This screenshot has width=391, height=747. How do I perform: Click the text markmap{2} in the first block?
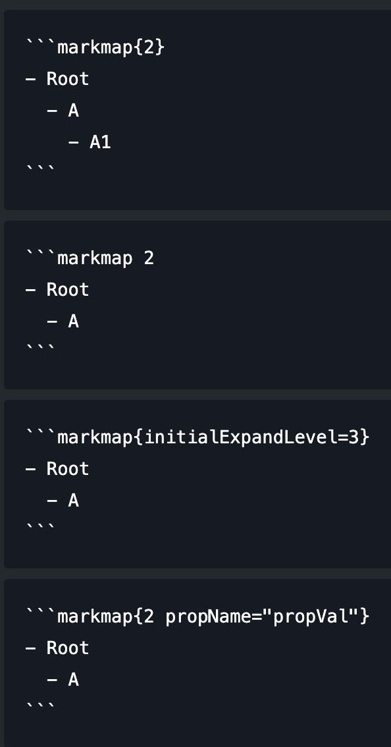click(111, 47)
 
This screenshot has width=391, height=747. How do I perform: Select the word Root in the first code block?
click(68, 79)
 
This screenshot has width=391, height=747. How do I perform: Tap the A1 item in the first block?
click(100, 142)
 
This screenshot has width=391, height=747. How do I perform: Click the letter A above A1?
click(73, 111)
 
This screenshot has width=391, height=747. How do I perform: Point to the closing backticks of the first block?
click(40, 169)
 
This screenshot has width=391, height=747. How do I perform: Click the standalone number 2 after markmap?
click(149, 258)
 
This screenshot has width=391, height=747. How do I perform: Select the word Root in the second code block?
click(68, 290)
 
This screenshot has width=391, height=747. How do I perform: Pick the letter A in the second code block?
click(73, 321)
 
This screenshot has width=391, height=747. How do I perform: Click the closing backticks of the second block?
click(40, 348)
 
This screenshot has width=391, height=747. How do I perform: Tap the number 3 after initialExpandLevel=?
click(353, 437)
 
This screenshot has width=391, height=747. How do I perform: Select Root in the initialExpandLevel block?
click(68, 469)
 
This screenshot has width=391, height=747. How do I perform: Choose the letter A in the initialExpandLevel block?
click(73, 500)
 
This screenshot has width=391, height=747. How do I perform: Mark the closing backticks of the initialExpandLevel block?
click(40, 528)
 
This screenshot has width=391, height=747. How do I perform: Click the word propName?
click(208, 617)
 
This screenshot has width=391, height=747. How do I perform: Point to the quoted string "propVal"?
click(311, 617)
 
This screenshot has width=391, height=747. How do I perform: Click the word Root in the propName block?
click(68, 648)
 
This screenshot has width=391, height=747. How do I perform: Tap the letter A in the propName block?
click(73, 679)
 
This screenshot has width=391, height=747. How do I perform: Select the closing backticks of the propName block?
click(40, 707)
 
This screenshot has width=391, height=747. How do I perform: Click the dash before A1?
click(73, 142)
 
